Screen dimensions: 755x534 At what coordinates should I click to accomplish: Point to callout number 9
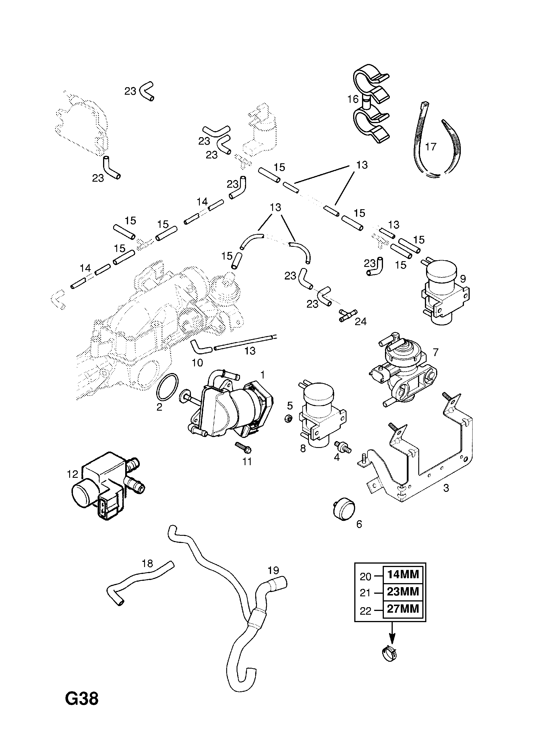coord(463,279)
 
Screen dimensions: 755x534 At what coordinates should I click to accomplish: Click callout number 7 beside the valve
coord(436,352)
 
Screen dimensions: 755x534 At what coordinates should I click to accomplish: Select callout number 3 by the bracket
coord(446,488)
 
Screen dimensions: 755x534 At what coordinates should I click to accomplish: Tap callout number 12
coord(72,474)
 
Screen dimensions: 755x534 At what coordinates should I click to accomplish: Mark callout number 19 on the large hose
coord(273,570)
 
